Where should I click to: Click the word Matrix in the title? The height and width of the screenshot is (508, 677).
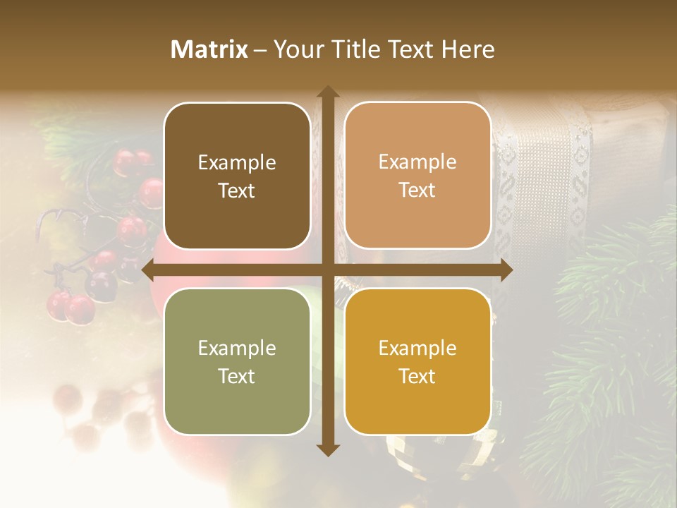pyautogui.click(x=209, y=49)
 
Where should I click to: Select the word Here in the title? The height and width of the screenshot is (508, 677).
pyautogui.click(x=468, y=49)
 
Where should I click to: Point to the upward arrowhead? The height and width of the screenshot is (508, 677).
pyautogui.click(x=327, y=92)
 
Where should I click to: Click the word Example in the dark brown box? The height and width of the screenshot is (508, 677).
pyautogui.click(x=237, y=163)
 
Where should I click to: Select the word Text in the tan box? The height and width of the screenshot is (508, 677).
pyautogui.click(x=417, y=190)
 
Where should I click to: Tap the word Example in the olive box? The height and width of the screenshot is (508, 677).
pyautogui.click(x=237, y=348)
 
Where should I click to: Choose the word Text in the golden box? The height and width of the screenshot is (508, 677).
pyautogui.click(x=417, y=376)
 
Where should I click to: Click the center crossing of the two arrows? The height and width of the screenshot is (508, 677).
pyautogui.click(x=327, y=270)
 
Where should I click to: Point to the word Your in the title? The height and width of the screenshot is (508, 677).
pyautogui.click(x=297, y=49)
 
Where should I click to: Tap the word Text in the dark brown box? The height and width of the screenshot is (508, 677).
pyautogui.click(x=237, y=190)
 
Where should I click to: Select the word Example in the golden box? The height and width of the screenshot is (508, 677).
pyautogui.click(x=417, y=348)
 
